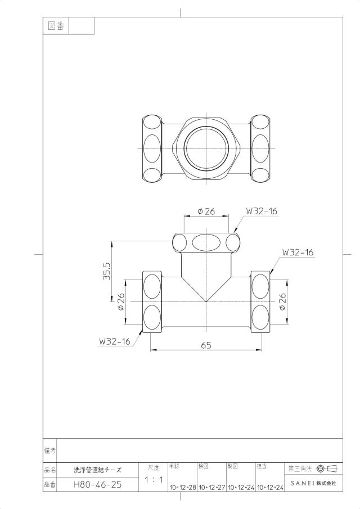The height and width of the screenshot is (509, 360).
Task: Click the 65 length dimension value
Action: (x=206, y=345)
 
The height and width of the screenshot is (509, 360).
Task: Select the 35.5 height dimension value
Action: (x=107, y=271)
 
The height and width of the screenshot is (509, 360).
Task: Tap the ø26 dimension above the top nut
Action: (x=206, y=211)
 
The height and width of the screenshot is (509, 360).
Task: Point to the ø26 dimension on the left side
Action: (x=121, y=301)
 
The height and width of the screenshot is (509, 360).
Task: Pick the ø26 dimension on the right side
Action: (x=282, y=301)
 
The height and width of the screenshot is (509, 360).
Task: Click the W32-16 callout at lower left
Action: (x=115, y=341)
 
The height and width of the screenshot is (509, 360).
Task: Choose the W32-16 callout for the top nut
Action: (x=262, y=211)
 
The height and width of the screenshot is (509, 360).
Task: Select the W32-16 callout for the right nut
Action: (x=298, y=252)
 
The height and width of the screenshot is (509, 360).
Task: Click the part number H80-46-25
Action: (x=98, y=485)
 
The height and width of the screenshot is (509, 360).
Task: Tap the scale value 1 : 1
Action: (x=154, y=479)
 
